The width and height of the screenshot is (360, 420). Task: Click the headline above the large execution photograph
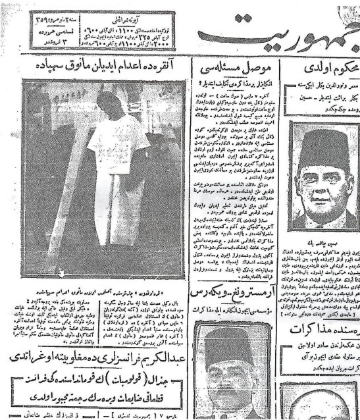tap(109, 67)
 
